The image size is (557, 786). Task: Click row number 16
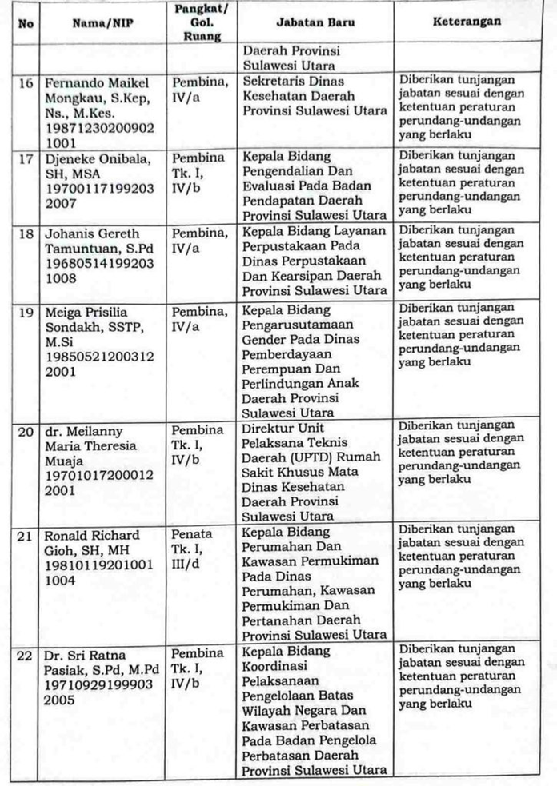26,82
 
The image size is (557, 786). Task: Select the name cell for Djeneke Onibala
96,164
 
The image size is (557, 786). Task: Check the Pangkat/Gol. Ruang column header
197,22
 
